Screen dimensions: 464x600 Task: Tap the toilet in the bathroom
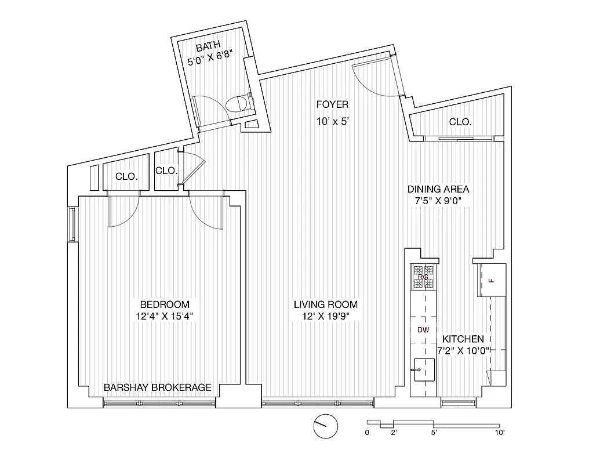(238, 104)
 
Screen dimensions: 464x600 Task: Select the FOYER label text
(332, 104)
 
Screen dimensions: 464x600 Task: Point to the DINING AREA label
(438, 189)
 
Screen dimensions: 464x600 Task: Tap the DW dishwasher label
(423, 330)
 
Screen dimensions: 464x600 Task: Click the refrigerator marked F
(492, 281)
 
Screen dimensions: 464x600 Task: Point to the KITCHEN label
(463, 339)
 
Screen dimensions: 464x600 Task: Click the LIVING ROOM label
(325, 304)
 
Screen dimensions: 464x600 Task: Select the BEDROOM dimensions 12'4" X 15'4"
(164, 317)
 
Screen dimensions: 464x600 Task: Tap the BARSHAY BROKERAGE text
(157, 387)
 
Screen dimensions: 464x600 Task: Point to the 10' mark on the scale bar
(500, 432)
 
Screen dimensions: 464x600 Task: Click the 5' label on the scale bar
(434, 432)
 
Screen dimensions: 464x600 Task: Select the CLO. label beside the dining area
(460, 122)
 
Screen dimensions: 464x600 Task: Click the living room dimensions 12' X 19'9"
(325, 317)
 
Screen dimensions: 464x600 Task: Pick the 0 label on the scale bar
(367, 432)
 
